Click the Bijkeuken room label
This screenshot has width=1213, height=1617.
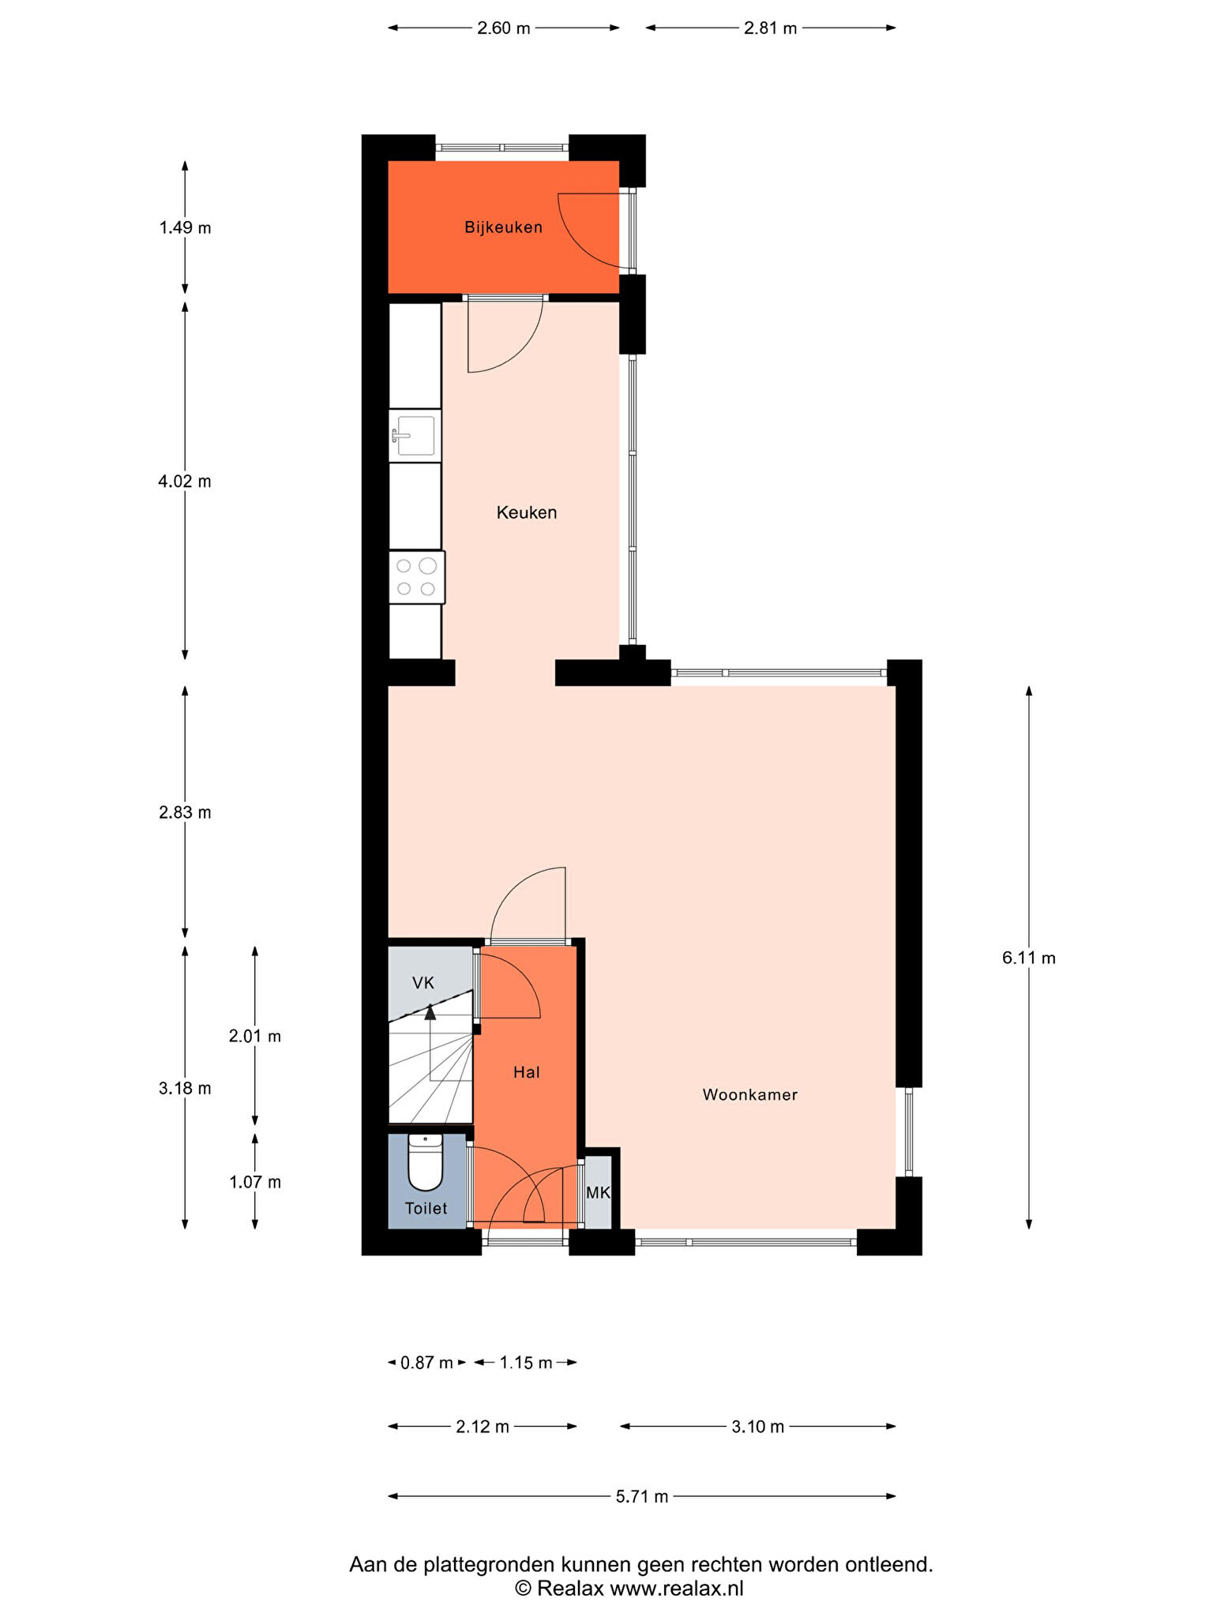pyautogui.click(x=503, y=228)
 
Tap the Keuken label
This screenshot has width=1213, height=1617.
pyautogui.click(x=527, y=512)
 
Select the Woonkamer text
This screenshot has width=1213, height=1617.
pyautogui.click(x=750, y=1094)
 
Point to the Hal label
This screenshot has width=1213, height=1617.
pyautogui.click(x=527, y=1072)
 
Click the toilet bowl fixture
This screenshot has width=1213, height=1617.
pyautogui.click(x=425, y=1162)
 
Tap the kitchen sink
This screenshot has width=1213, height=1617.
pyautogui.click(x=415, y=436)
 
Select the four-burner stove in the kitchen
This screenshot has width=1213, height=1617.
pyautogui.click(x=417, y=577)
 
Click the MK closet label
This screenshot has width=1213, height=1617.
pyautogui.click(x=598, y=1193)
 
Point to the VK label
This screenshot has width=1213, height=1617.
pyautogui.click(x=423, y=983)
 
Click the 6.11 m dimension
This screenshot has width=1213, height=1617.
pyautogui.click(x=1028, y=958)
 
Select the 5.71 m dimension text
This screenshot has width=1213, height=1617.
pyautogui.click(x=642, y=1496)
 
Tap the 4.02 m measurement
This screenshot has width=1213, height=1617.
pyautogui.click(x=185, y=481)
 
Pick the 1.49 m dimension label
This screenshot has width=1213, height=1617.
pyautogui.click(x=185, y=228)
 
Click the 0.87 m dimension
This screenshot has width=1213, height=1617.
pyautogui.click(x=426, y=1362)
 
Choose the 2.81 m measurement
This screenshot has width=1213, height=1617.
pyautogui.click(x=771, y=28)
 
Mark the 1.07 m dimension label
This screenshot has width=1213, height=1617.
pyautogui.click(x=255, y=1182)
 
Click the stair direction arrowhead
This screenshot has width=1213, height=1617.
pyautogui.click(x=430, y=1012)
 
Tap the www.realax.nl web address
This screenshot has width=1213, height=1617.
pyautogui.click(x=677, y=1588)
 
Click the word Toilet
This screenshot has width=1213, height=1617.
pyautogui.click(x=426, y=1208)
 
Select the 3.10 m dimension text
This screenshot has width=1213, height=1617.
pyautogui.click(x=758, y=1427)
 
